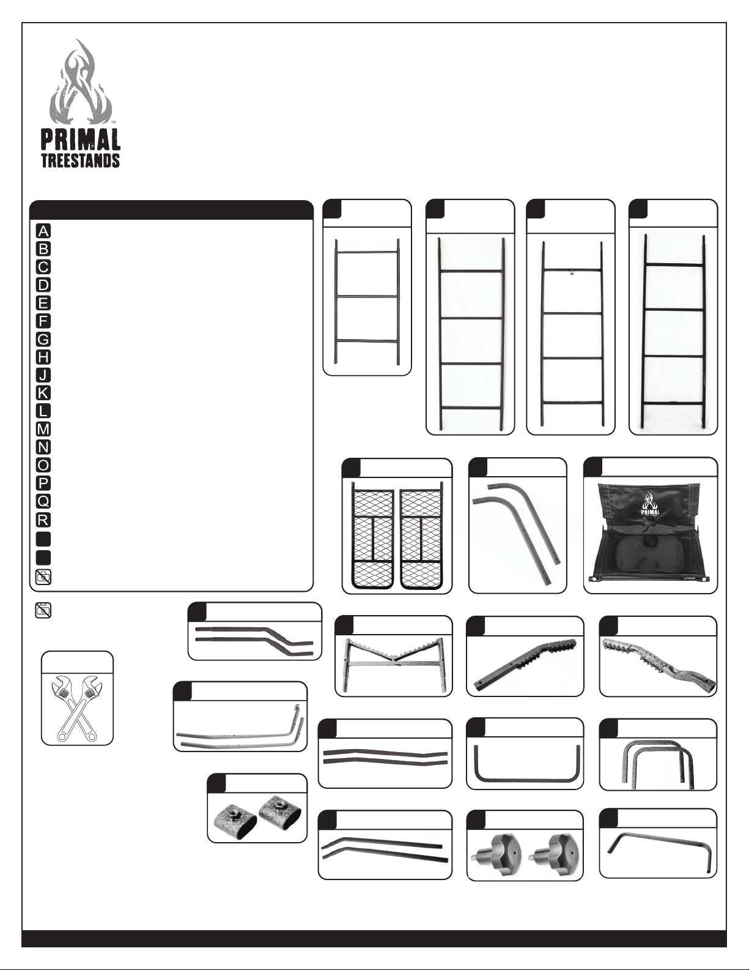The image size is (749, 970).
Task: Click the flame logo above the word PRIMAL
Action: [x=80, y=83]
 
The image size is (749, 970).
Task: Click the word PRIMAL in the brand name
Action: [x=80, y=140]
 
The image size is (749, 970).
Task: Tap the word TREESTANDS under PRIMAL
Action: [x=81, y=161]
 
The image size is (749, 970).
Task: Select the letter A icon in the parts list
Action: [x=43, y=231]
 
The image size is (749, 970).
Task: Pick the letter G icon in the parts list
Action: [x=43, y=339]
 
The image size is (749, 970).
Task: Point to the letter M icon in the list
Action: [x=43, y=430]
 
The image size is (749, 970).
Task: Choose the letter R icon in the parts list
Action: [x=43, y=520]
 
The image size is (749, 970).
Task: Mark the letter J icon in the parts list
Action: [x=43, y=375]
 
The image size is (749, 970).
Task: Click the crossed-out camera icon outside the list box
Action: [x=43, y=610]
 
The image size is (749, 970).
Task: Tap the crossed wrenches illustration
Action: [x=77, y=707]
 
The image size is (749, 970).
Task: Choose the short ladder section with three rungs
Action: [x=367, y=302]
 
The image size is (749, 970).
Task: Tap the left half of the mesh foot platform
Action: [x=373, y=535]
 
